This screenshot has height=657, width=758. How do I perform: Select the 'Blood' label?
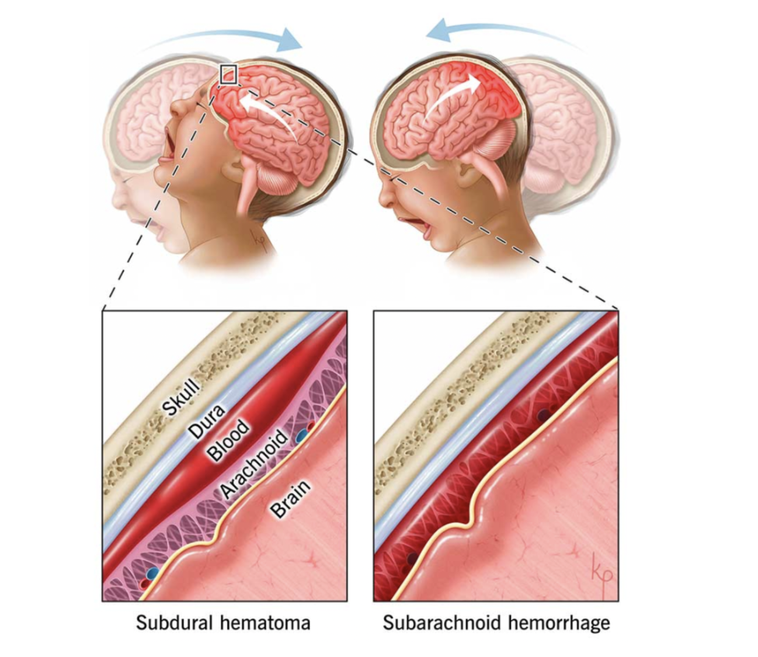pos(230,440)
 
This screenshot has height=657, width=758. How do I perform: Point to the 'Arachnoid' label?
pos(249,471)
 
